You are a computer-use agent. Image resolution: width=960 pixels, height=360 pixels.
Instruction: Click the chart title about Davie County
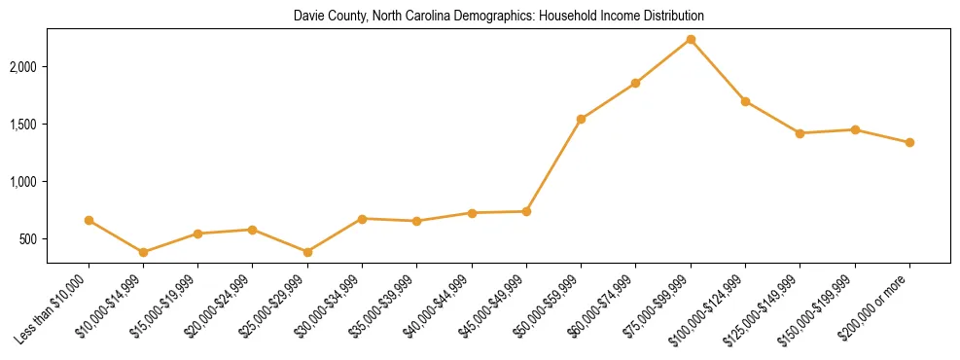[x=499, y=17]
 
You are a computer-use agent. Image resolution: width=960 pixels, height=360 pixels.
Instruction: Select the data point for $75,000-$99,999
[x=691, y=39]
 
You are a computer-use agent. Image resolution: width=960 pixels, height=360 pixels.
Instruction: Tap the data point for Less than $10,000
[x=89, y=220]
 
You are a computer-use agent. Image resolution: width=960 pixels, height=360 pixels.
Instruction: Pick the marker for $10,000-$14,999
[x=144, y=252]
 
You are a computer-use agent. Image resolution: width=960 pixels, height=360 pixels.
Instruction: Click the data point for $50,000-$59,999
[x=581, y=119]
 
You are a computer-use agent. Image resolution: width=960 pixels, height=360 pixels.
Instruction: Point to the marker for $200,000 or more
[x=909, y=142]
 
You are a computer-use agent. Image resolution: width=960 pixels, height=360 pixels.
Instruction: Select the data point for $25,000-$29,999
[x=307, y=252]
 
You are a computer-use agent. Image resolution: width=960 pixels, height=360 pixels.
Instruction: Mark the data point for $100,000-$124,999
[x=745, y=101]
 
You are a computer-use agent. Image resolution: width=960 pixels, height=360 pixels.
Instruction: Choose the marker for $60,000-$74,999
[x=635, y=84]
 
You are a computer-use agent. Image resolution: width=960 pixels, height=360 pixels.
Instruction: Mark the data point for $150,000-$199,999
[x=855, y=129]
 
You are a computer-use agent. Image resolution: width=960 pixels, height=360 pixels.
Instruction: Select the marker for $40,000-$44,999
[x=472, y=213]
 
